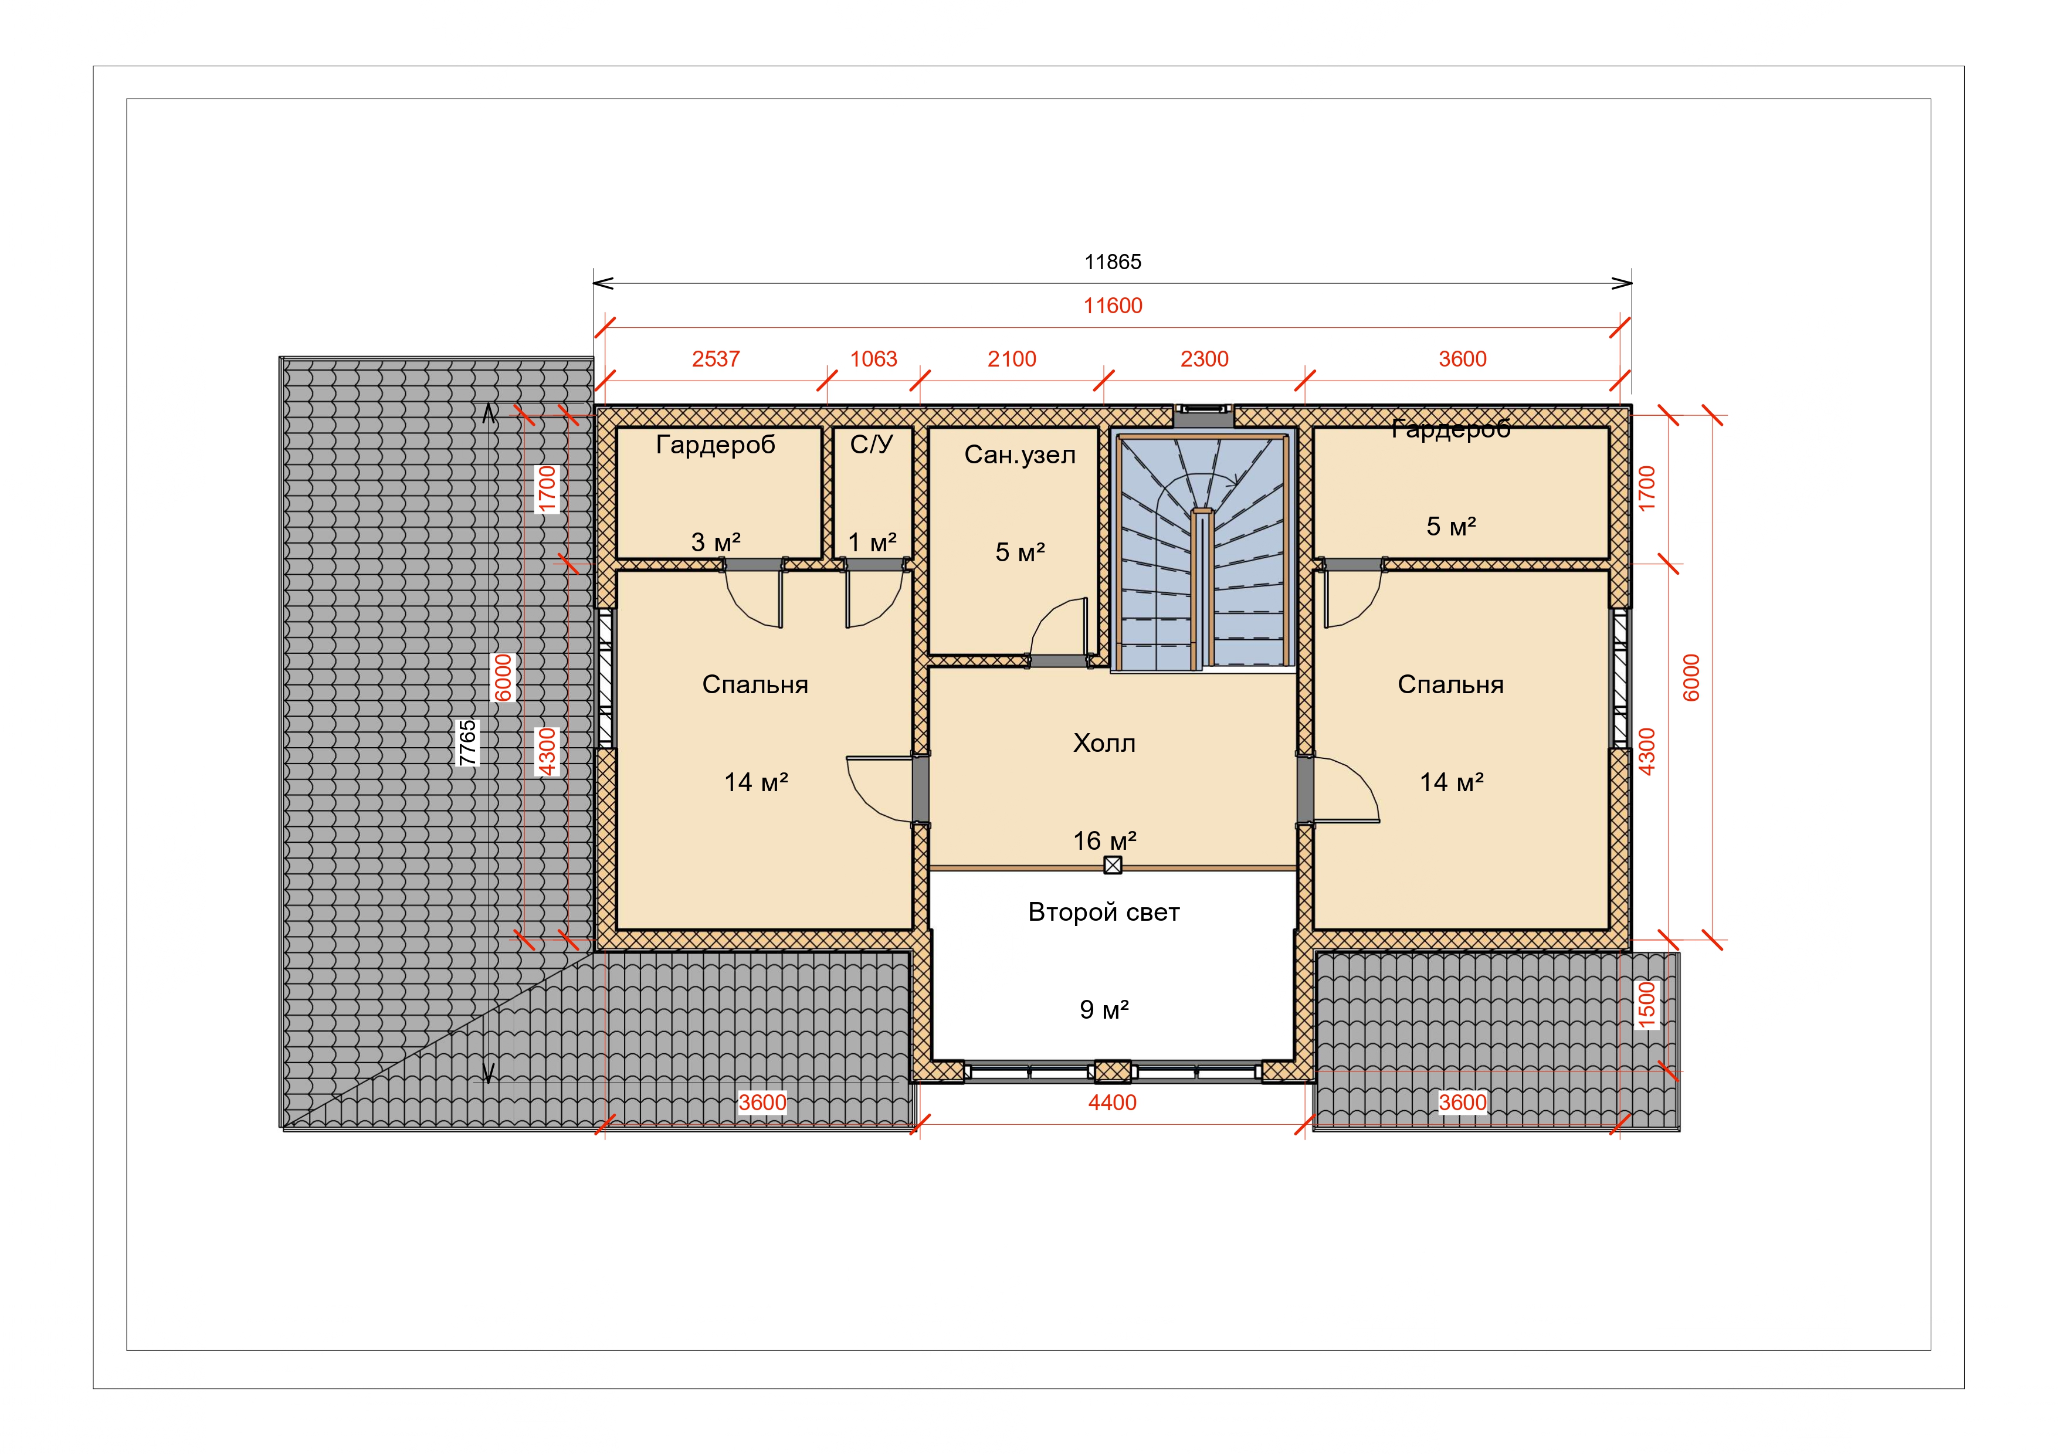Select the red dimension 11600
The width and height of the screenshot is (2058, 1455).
[1113, 306]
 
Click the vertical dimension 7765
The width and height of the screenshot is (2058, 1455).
[467, 742]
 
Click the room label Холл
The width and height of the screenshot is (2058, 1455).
[1104, 743]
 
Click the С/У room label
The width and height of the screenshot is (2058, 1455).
[872, 445]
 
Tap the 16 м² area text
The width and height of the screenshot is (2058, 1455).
[1104, 841]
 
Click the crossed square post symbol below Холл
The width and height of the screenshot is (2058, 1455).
[1113, 865]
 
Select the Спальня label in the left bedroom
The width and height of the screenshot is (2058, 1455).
[755, 685]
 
